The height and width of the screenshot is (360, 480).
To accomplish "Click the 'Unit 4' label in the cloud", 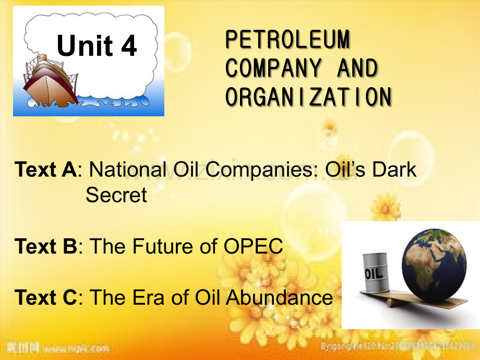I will point(97,46).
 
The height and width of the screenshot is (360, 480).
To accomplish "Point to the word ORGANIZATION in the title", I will point(308,97).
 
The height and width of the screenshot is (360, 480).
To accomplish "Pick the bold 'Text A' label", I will point(46,170).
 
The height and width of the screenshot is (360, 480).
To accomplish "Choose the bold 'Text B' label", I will point(46,246).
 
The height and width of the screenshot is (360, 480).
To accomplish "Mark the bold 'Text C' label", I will point(46,297).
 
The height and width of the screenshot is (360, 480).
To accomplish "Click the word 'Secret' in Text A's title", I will point(116,195).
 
